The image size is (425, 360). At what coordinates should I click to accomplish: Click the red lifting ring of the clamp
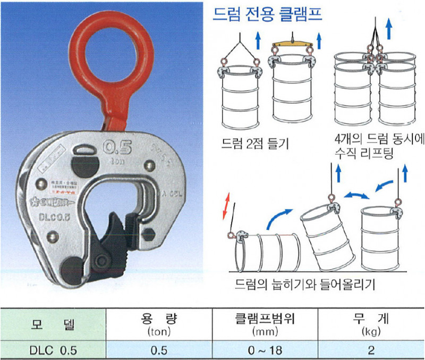click(x=111, y=51)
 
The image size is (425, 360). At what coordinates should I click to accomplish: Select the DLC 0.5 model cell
click(x=54, y=350)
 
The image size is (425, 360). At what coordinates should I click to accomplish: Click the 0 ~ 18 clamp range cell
click(x=265, y=350)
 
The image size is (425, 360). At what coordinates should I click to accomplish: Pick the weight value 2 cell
click(x=371, y=350)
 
